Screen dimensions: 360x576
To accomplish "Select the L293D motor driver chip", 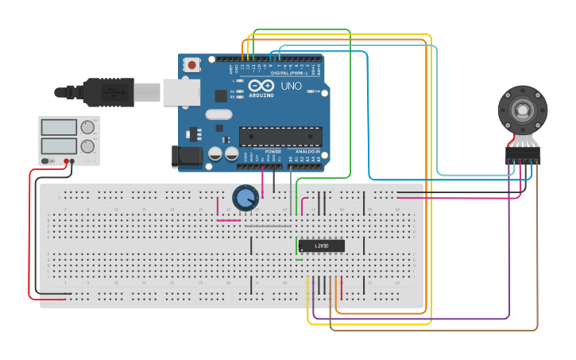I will click(321, 246).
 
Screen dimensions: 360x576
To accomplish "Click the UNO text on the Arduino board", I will click(291, 85).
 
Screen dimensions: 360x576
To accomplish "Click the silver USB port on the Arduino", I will click(180, 92).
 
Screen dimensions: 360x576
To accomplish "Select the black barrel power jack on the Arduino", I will click(187, 156).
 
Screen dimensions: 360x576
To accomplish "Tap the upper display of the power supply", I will click(58, 127).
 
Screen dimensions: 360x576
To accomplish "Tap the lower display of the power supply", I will click(58, 145).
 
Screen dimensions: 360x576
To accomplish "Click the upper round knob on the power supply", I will click(87, 127).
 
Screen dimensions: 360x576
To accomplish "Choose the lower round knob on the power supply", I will click(87, 145).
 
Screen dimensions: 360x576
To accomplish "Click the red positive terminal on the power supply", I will click(72, 161).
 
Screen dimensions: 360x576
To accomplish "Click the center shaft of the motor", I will click(522, 110).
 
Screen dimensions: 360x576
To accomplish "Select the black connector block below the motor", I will click(522, 155).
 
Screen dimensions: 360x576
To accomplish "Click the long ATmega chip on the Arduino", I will click(280, 137).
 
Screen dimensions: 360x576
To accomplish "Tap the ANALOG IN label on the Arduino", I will click(307, 151).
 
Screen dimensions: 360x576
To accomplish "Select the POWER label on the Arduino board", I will click(273, 151).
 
